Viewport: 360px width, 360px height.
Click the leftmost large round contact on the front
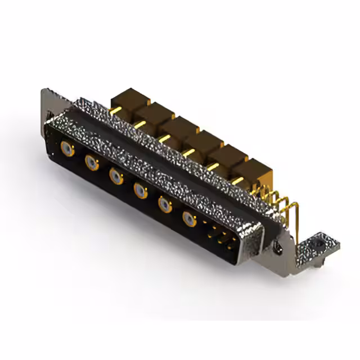[66, 149]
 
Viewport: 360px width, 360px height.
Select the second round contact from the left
[91, 163]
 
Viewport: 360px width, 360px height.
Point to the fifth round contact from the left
[164, 205]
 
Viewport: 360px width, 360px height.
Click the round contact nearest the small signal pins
[190, 219]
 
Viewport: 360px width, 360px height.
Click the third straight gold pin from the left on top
[165, 137]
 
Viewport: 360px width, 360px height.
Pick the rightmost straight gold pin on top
[238, 180]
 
